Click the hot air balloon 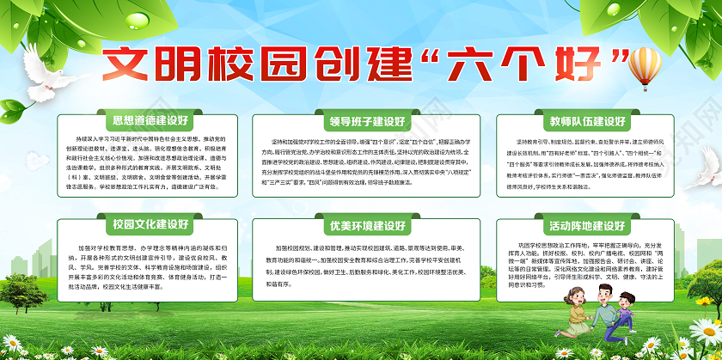point(646,64)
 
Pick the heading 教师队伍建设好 point(581,121)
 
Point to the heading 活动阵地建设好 point(581,226)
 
